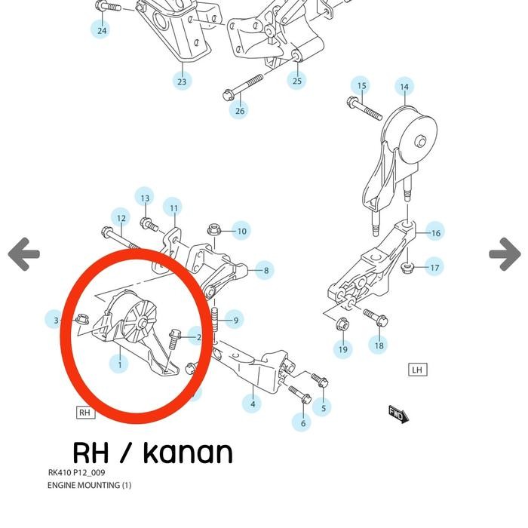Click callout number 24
click(102, 30)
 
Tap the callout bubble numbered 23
click(182, 81)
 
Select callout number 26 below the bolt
click(240, 111)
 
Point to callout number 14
click(404, 87)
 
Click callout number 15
click(362, 86)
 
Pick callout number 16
click(435, 233)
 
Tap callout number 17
click(434, 267)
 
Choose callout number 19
click(343, 348)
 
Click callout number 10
click(241, 231)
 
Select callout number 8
click(265, 269)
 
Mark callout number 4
click(253, 404)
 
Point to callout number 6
click(302, 423)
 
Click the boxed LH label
click(417, 370)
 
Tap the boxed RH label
click(84, 413)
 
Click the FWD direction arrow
click(398, 413)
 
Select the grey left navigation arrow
click(24, 254)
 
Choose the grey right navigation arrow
click(505, 254)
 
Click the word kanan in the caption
click(188, 453)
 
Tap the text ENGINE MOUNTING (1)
click(89, 485)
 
